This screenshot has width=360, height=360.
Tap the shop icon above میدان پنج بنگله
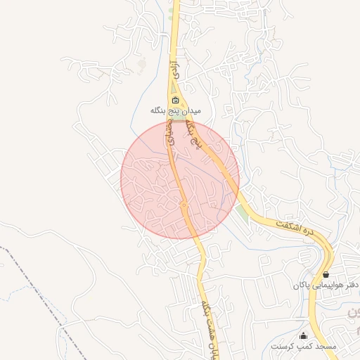[176, 100]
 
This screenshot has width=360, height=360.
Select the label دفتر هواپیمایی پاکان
[327, 285]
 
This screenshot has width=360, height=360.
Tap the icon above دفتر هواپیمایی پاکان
[326, 274]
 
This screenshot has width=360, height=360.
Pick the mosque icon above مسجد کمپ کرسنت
[304, 335]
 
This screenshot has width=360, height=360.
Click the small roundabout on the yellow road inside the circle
[184, 205]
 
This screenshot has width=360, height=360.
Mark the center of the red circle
[180, 179]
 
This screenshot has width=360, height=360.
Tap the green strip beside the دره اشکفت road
[243, 211]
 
